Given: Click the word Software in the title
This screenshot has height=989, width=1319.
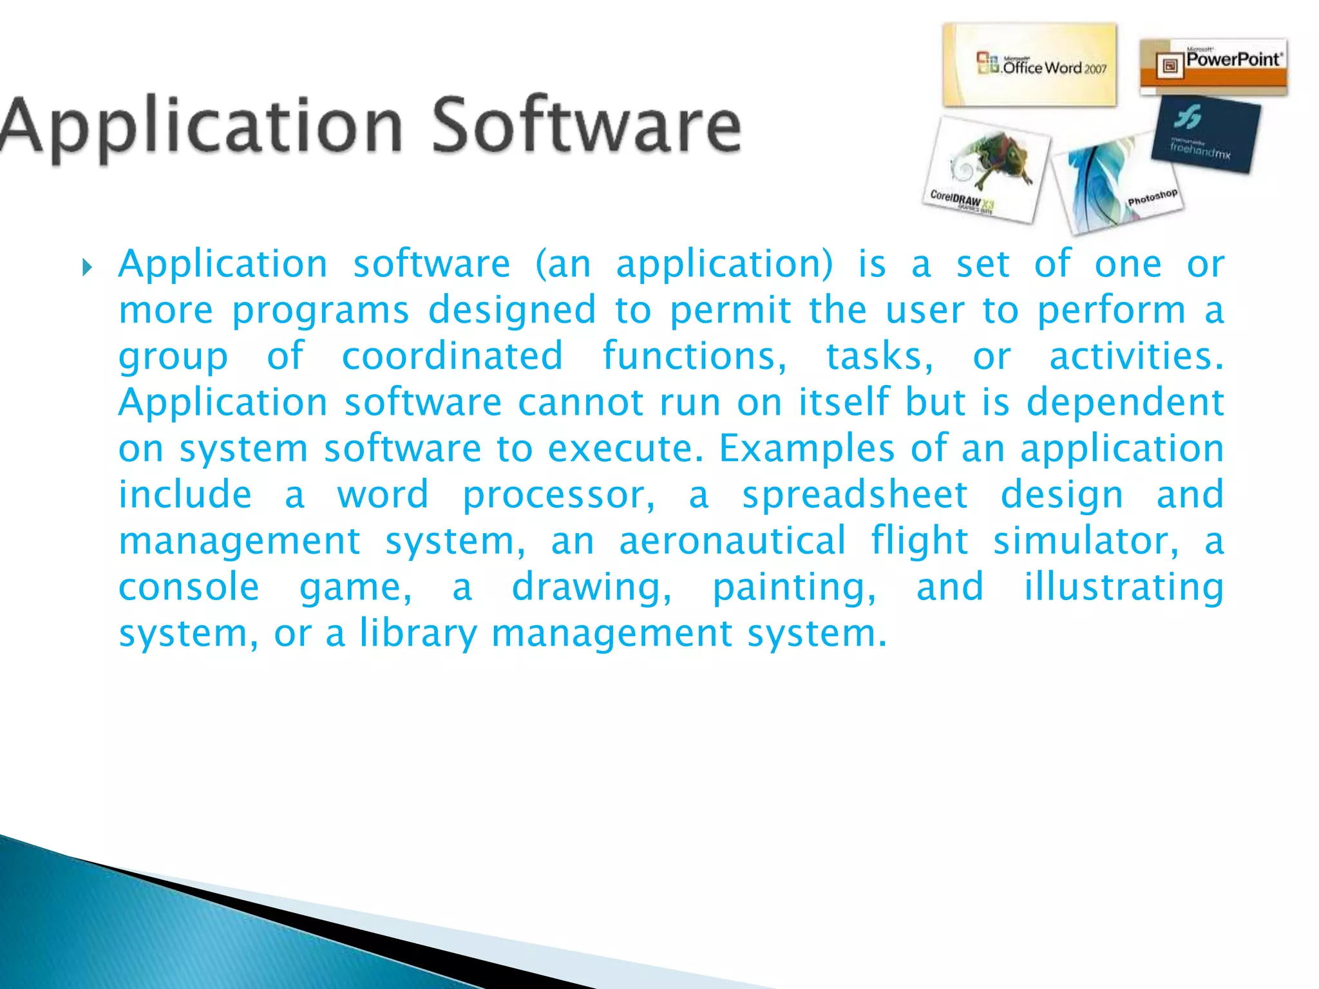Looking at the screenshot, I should point(586,126).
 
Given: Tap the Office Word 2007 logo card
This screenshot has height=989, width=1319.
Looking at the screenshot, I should point(1029,66).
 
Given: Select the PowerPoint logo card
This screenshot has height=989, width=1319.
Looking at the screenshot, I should point(1213,66).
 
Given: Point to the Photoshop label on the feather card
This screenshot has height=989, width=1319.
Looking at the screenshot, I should point(1152,197).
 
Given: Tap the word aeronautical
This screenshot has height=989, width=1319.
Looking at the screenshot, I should point(732,541).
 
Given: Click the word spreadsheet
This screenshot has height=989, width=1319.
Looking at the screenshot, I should point(855,494).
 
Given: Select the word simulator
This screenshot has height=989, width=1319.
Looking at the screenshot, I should point(1086,541).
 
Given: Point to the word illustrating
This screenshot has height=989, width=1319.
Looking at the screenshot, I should point(1124,587).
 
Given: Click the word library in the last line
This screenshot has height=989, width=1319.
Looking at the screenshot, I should point(419,634).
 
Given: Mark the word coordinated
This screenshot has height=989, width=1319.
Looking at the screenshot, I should point(452,356).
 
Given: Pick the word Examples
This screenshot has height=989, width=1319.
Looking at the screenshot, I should point(806,448).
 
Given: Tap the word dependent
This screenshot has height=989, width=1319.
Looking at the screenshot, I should point(1124,402).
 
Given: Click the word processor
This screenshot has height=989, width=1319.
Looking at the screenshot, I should point(558,496).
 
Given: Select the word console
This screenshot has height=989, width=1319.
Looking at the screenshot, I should point(189,587).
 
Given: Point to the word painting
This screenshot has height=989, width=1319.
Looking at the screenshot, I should point(793,587).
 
